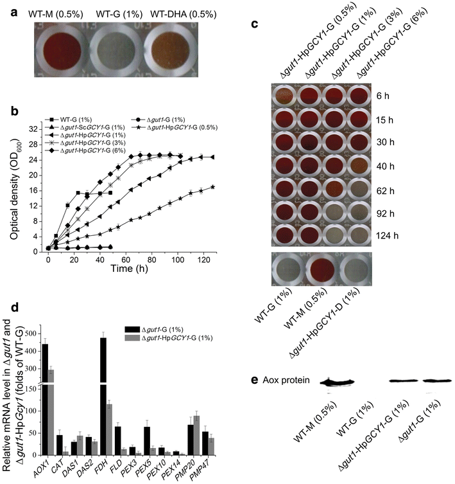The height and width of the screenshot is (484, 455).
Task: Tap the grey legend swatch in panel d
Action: point(143,337)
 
